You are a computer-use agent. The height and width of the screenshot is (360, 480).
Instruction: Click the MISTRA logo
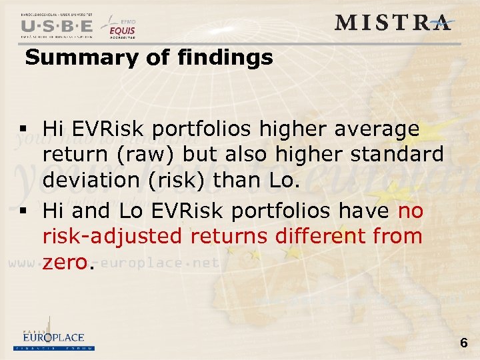(x=393, y=22)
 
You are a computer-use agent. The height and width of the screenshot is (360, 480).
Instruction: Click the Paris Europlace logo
(x=53, y=340)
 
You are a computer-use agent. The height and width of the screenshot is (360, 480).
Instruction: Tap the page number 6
(x=463, y=343)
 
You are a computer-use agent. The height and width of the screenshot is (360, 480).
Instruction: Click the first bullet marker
(x=23, y=129)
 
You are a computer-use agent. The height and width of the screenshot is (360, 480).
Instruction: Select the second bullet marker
(x=23, y=212)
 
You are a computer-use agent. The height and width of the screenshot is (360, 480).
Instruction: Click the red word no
(x=410, y=211)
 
